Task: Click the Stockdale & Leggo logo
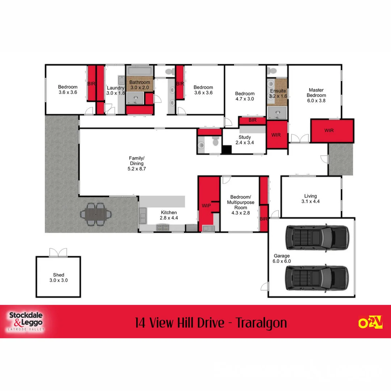[25, 321]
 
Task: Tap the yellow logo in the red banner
[370, 322]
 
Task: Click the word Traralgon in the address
[261, 322]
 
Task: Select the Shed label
[59, 278]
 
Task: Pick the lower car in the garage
[317, 278]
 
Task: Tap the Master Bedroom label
[316, 95]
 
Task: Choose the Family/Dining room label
[137, 163]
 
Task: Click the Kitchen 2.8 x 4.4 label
[169, 215]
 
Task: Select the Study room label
[245, 140]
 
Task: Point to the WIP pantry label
[206, 206]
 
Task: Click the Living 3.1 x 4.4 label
[311, 199]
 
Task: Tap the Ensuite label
[278, 93]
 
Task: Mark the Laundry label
[115, 90]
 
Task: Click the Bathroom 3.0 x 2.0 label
[140, 85]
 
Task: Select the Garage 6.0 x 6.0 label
[282, 258]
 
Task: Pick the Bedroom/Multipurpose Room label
[241, 205]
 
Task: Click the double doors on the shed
[58, 252]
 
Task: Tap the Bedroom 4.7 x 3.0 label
[245, 96]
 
